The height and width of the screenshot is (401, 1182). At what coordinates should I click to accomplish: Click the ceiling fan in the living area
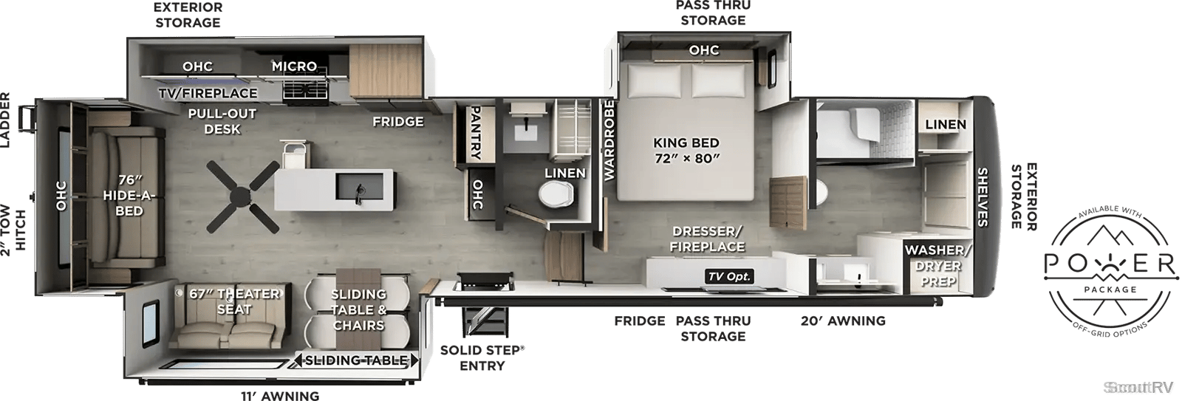point(242,196)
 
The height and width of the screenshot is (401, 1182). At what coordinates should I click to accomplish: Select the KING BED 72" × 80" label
point(686,151)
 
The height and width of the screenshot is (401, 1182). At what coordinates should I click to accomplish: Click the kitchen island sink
point(359,189)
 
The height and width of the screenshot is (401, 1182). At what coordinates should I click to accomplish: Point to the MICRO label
point(294,66)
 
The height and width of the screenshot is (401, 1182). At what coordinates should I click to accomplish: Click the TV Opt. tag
point(729,276)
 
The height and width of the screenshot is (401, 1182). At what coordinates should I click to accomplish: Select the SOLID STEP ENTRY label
point(482,357)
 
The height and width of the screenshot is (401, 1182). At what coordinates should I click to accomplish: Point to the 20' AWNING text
point(843,321)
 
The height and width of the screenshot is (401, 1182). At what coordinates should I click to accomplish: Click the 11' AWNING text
point(280,396)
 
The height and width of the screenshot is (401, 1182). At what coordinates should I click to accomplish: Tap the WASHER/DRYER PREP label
point(937,265)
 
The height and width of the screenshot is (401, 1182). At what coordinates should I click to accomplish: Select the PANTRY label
point(475,132)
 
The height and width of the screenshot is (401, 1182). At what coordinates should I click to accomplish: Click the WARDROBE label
point(609,140)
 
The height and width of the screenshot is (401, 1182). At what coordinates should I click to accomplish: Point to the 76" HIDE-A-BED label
point(129,196)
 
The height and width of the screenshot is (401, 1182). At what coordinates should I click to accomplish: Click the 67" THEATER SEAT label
point(234,301)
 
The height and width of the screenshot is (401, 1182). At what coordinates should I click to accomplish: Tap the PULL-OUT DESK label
point(222,121)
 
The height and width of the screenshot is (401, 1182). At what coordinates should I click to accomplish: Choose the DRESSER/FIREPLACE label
point(707,239)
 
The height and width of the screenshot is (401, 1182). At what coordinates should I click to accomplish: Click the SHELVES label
point(982,196)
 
